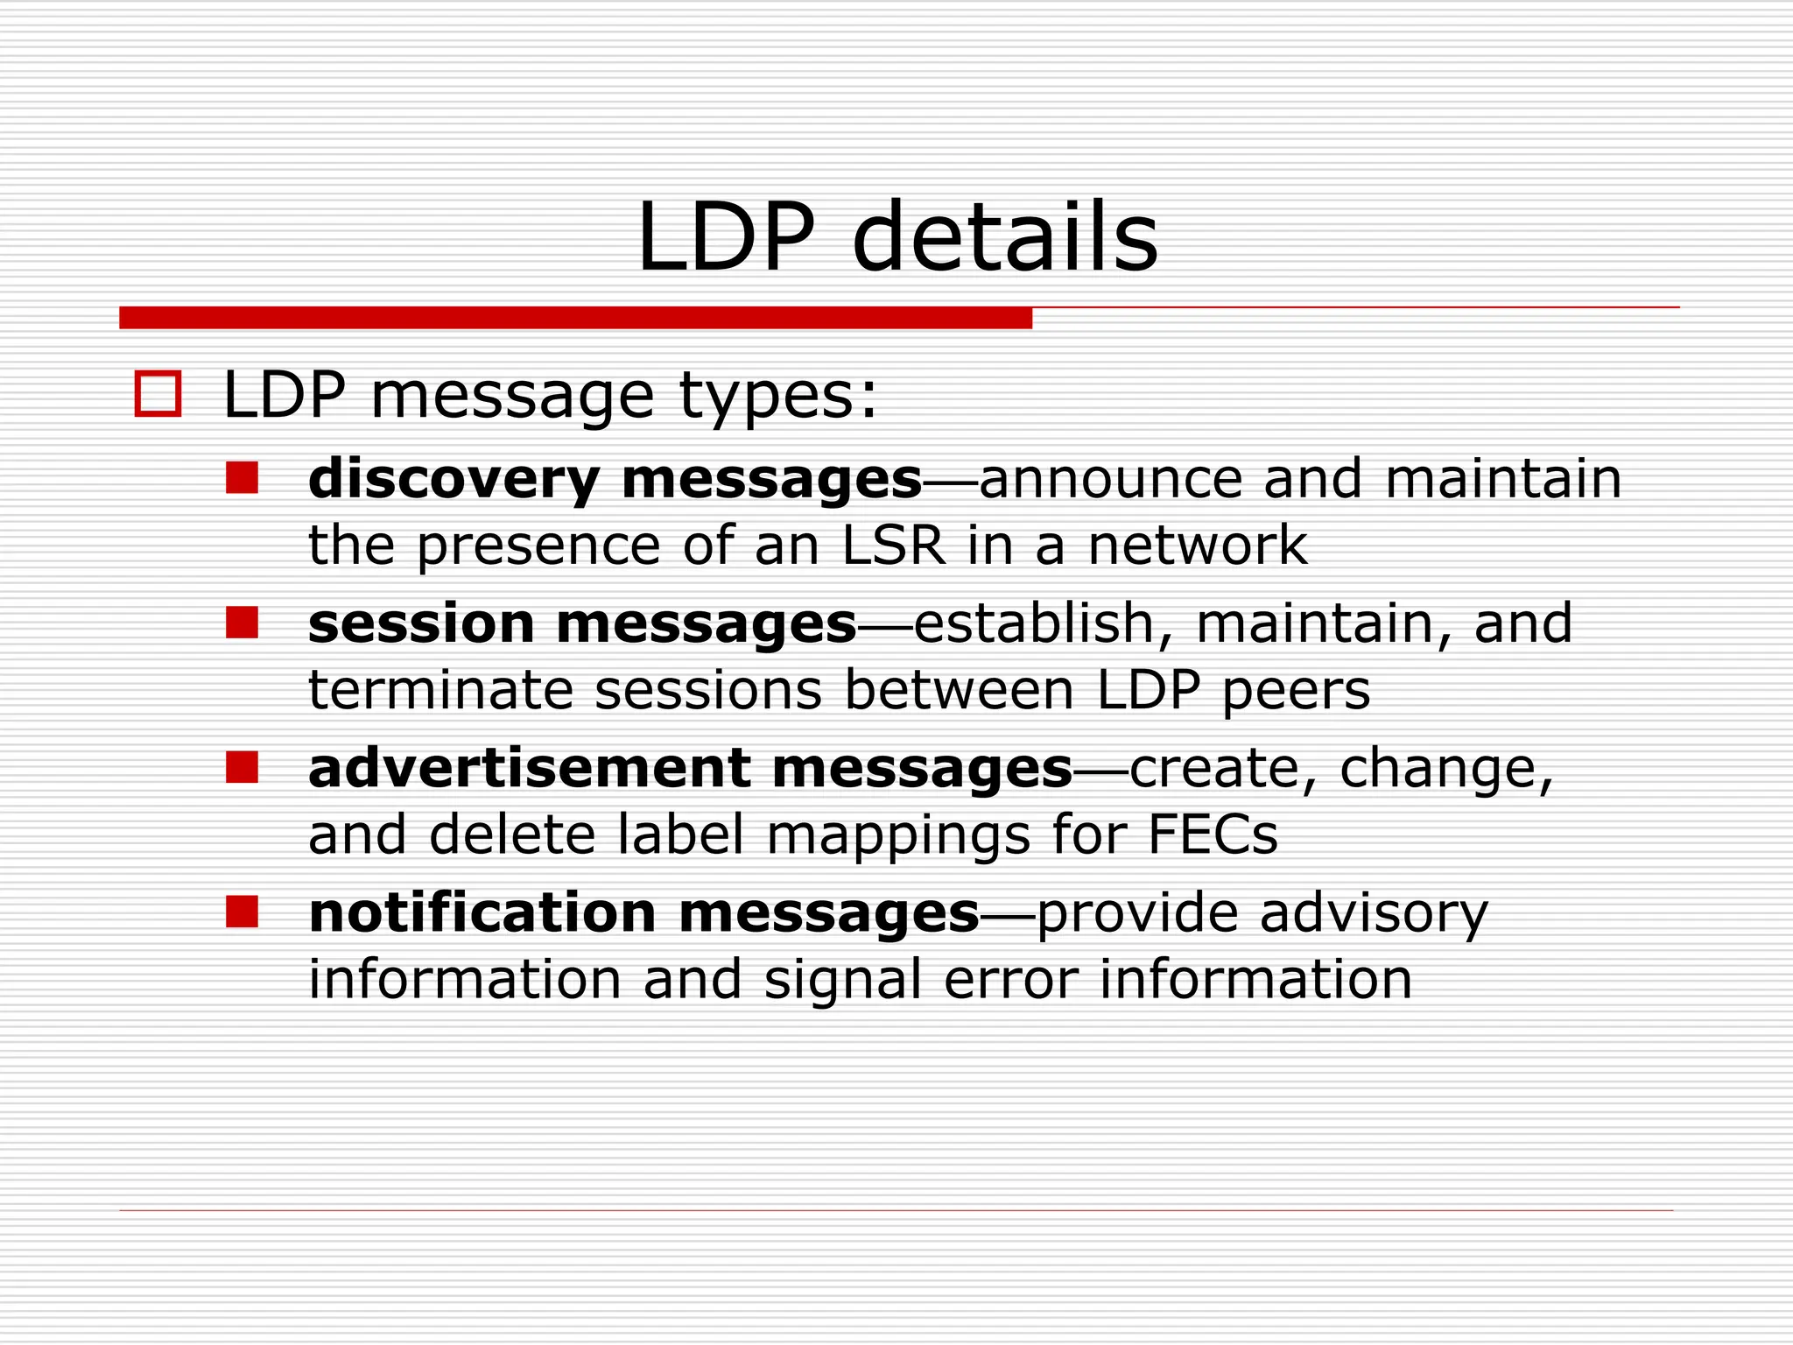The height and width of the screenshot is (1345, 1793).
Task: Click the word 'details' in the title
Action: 1004,236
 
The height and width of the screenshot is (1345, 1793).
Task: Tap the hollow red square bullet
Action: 158,394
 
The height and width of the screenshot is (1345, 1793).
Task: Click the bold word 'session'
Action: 421,624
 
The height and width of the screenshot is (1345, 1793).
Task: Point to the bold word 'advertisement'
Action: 529,768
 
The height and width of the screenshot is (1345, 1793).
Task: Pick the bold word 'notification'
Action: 482,912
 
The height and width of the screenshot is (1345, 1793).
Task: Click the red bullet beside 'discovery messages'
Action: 242,478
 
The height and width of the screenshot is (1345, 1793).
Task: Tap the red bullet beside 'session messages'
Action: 242,623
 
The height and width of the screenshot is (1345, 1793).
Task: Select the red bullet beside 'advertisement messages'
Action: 242,767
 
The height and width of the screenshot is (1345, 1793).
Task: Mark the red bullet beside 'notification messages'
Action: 242,912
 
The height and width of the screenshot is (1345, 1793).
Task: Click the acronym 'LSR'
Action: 894,545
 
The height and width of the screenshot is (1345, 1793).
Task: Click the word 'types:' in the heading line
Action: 777,396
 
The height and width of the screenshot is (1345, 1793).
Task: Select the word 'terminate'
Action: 440,690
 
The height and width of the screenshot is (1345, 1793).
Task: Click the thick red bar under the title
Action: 575,318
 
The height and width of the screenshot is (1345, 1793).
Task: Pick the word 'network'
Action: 1197,545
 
